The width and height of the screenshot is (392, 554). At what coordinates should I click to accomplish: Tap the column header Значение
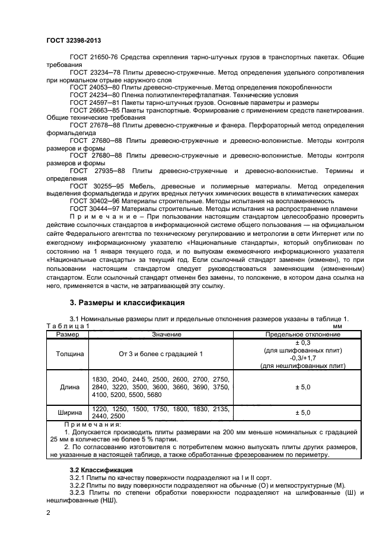click(x=161, y=335)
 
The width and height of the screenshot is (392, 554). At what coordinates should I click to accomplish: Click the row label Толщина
click(x=69, y=354)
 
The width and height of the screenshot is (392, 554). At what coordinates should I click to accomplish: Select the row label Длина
click(x=69, y=387)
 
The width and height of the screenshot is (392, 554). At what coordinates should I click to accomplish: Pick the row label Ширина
click(x=69, y=412)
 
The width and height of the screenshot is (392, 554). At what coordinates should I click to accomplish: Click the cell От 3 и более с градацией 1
click(x=161, y=354)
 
